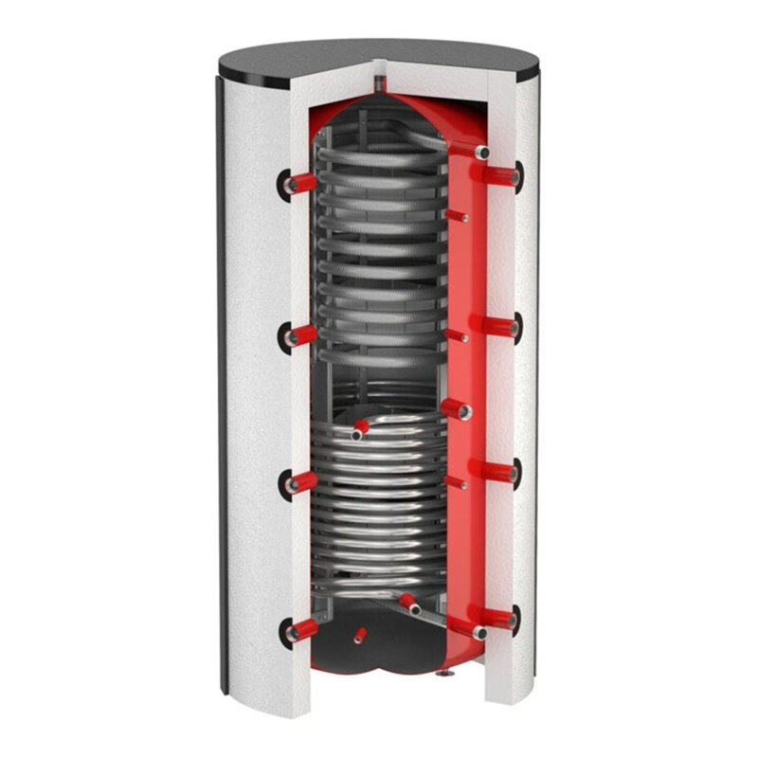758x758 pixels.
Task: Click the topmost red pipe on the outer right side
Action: tap(503, 175)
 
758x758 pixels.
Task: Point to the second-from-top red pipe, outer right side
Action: tap(502, 327)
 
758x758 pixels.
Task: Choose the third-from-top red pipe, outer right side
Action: tap(502, 472)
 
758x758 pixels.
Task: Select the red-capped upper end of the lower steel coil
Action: tap(359, 430)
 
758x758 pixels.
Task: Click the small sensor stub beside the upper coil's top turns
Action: tap(457, 216)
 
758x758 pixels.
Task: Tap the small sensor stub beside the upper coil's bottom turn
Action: tap(457, 335)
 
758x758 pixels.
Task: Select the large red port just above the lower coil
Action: tap(459, 409)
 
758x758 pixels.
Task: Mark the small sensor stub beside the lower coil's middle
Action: tap(456, 482)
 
